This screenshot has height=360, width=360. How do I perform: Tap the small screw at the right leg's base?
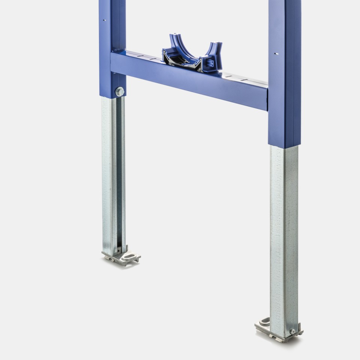point(292,331)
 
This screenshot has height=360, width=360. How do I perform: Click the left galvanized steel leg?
point(113,172)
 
